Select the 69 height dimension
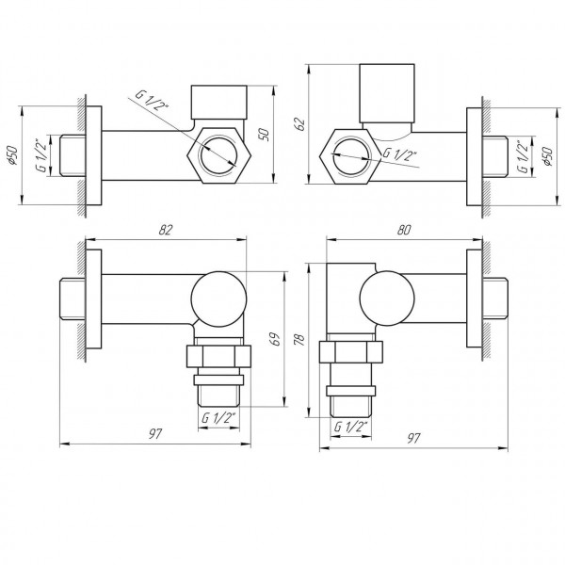click(x=273, y=339)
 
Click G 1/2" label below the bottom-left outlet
click(x=219, y=417)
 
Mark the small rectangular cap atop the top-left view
click(x=218, y=100)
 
